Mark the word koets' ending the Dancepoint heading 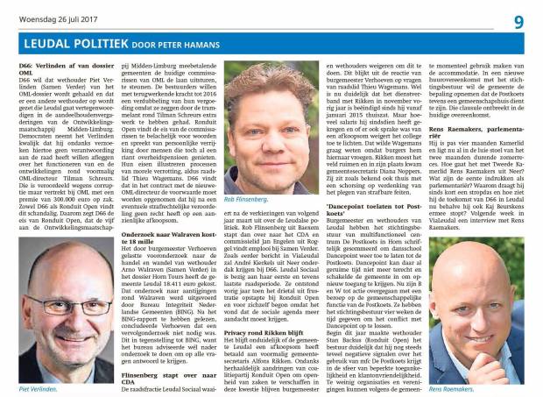click(337, 216)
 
